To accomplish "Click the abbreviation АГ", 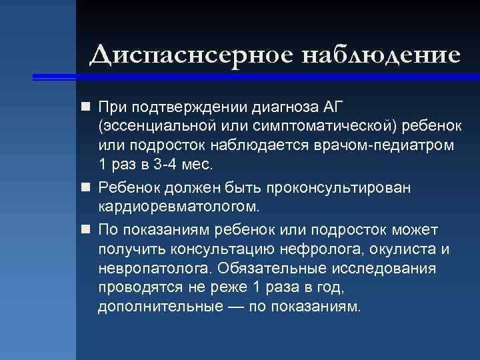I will [x=336, y=107].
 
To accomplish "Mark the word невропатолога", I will [x=154, y=269].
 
